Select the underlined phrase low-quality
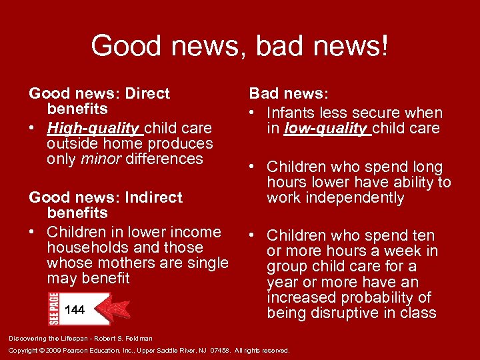pyautogui.click(x=327, y=129)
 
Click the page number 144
pyautogui.click(x=75, y=310)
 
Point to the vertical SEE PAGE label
pyautogui.click(x=53, y=308)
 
